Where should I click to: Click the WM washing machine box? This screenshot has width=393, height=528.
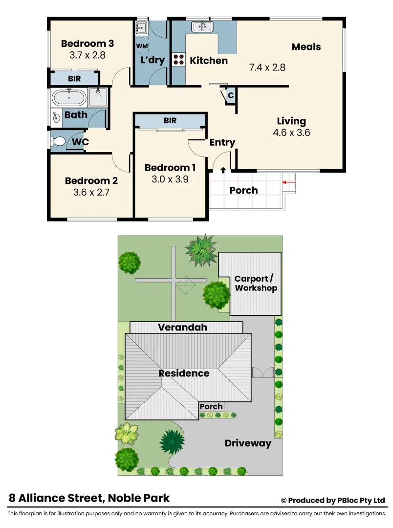[x=141, y=46]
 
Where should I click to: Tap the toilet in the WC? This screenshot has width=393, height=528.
[x=59, y=142]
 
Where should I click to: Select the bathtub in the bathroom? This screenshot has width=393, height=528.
[x=69, y=98]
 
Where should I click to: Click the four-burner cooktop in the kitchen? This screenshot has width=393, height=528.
[x=178, y=60]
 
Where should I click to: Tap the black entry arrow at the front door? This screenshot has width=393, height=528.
[x=223, y=170]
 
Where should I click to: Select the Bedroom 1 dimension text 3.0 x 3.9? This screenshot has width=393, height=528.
[x=170, y=179]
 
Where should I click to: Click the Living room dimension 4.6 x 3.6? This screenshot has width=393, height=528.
[x=291, y=132]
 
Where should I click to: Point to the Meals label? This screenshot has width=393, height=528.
[x=306, y=47]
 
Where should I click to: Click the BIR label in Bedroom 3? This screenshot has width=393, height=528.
[x=74, y=78]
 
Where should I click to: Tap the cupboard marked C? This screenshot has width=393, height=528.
[x=231, y=95]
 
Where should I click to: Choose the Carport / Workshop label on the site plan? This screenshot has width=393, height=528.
[x=256, y=284]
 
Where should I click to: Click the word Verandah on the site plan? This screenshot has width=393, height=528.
[x=182, y=327]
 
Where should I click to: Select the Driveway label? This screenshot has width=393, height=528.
[x=248, y=443]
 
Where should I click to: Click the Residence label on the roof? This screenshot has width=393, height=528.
[x=184, y=374]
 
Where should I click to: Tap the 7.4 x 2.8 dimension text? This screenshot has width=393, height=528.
[x=267, y=67]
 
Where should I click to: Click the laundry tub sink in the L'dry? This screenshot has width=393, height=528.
[x=141, y=27]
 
